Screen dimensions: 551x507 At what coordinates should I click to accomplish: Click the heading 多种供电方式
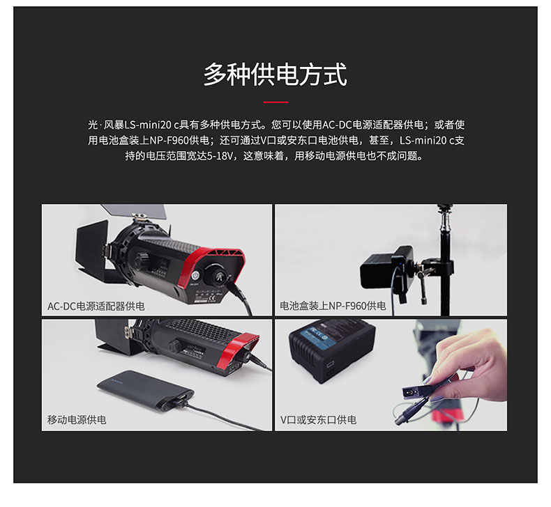[275, 75]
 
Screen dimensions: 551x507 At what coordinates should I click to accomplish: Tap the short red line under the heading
[275, 102]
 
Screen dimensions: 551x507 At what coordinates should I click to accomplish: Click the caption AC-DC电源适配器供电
[96, 306]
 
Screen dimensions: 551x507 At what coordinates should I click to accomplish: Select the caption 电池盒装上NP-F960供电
[333, 306]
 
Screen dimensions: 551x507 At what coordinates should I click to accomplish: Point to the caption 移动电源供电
[77, 420]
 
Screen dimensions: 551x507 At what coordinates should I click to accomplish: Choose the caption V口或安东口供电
[318, 420]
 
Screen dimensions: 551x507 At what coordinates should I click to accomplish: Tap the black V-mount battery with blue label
[332, 350]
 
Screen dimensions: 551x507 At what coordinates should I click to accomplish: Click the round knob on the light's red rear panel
[217, 274]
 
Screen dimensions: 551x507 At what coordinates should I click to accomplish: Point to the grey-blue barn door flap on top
[139, 210]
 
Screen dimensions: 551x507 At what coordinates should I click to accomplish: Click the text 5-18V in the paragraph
[219, 156]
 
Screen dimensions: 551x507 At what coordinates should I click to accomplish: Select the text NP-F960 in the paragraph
[169, 141]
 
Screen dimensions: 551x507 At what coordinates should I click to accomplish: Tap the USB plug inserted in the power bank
[181, 399]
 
